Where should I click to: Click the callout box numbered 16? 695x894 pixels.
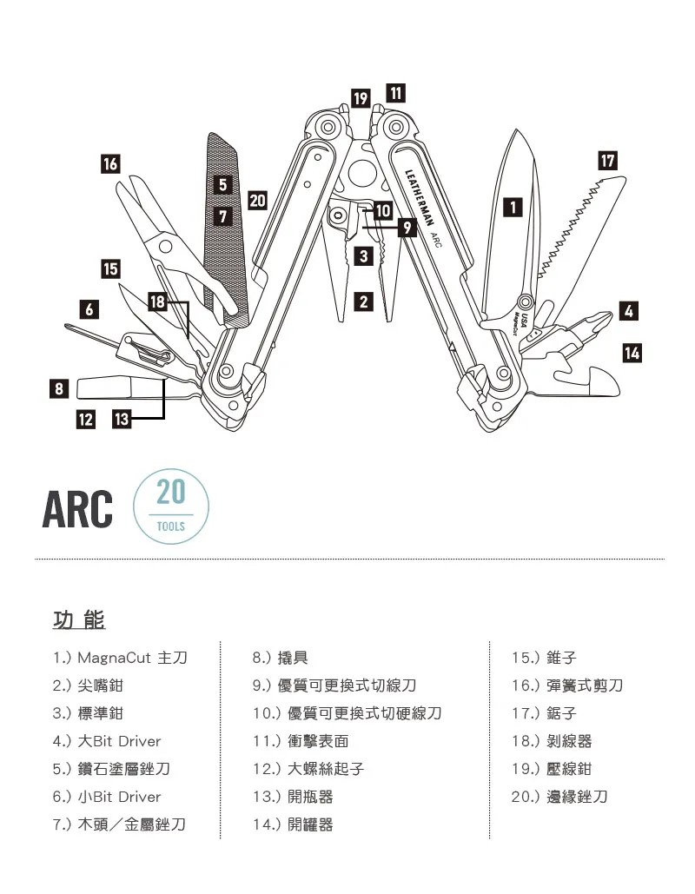(x=110, y=162)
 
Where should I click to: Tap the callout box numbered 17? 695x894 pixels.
(x=608, y=161)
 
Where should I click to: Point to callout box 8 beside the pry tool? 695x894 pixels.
(x=58, y=388)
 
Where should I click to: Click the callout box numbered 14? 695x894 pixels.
(x=632, y=352)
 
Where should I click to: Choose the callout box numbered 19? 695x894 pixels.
(x=361, y=97)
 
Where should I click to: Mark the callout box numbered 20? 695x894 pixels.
(x=256, y=201)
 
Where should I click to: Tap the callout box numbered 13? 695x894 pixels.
(x=121, y=420)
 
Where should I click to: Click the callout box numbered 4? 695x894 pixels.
(x=629, y=310)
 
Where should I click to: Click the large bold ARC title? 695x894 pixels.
(x=77, y=510)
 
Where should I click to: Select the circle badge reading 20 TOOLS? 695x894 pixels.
(x=171, y=507)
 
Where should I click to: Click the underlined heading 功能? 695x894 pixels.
(x=79, y=620)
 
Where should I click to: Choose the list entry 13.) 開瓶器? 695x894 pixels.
(x=292, y=797)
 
